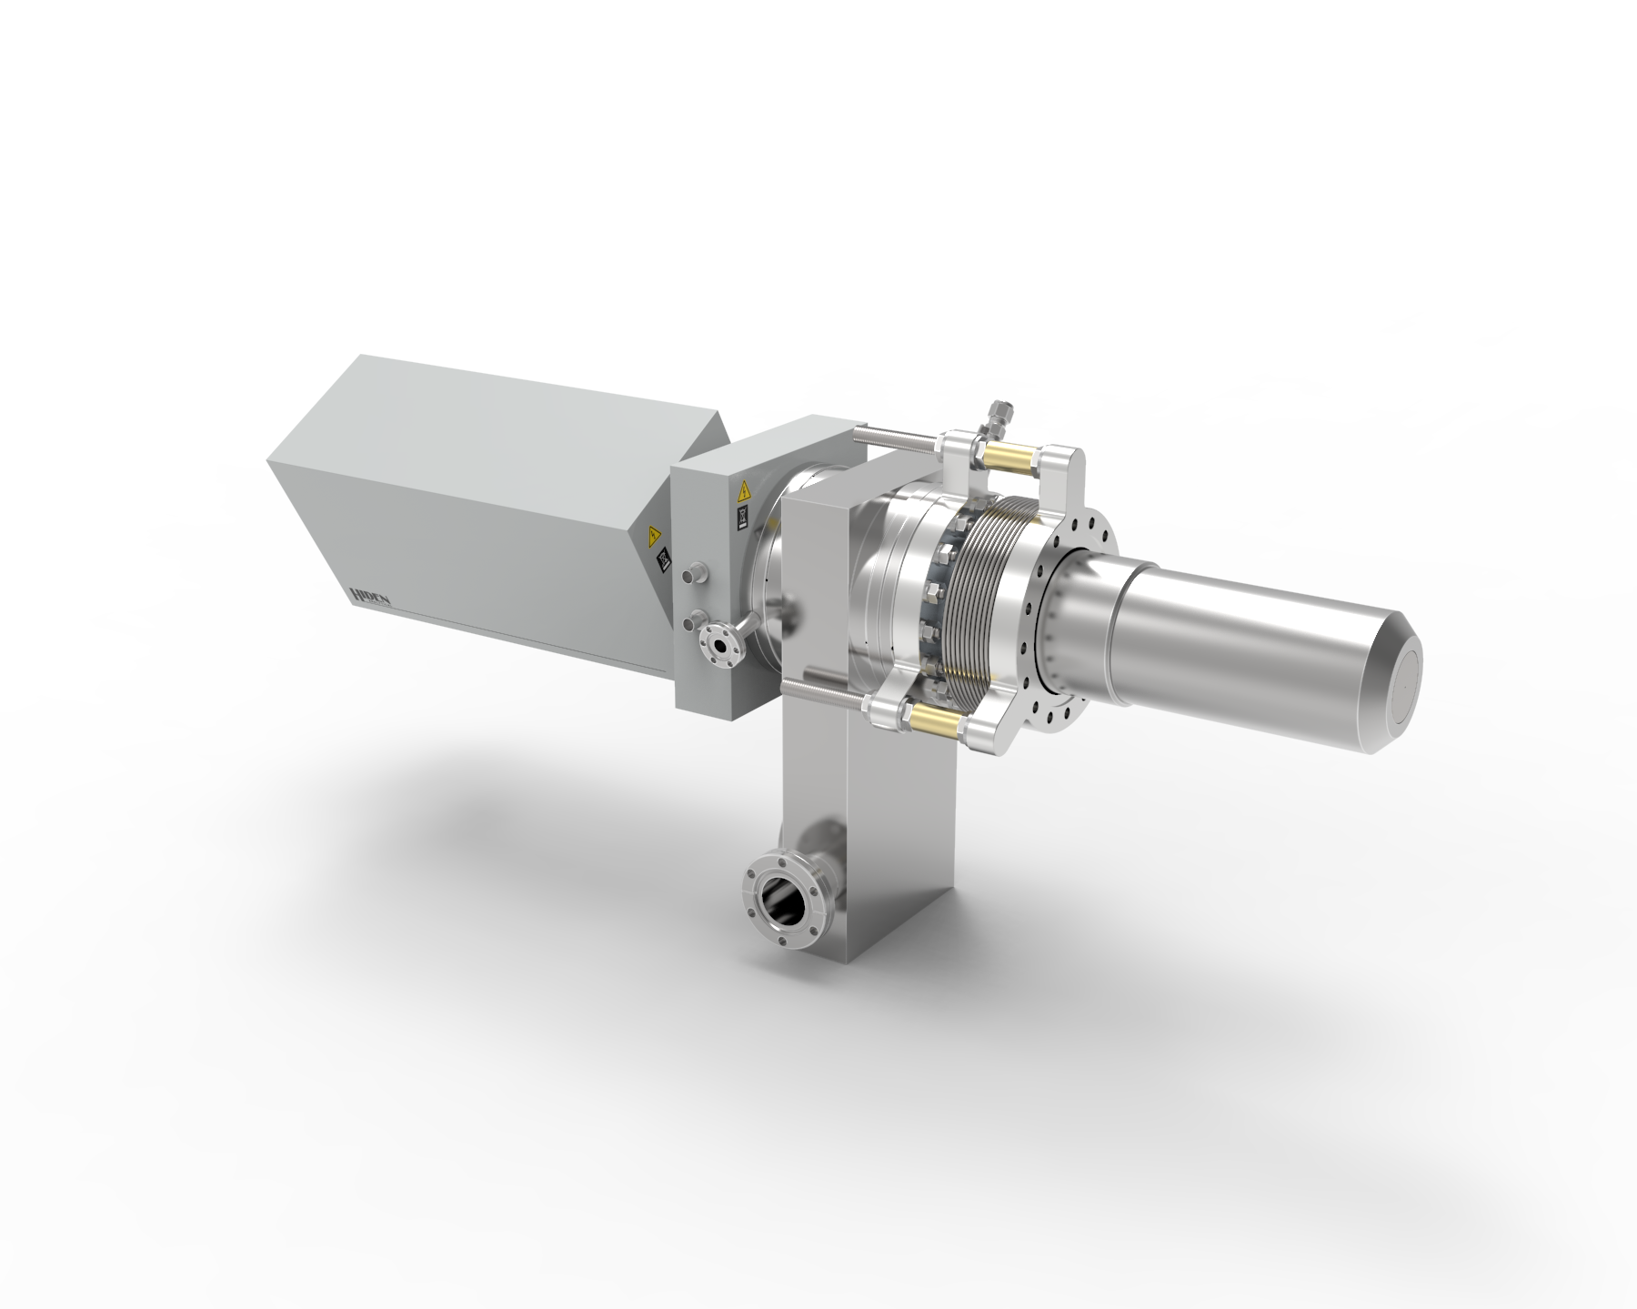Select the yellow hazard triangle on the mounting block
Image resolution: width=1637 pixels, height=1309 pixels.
tap(744, 495)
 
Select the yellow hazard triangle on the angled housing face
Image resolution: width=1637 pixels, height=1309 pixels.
tap(652, 535)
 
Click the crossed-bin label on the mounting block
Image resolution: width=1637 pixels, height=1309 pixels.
tap(741, 519)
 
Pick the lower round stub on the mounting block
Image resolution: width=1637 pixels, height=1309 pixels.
tap(694, 619)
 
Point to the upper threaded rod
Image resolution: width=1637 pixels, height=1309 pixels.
tap(900, 443)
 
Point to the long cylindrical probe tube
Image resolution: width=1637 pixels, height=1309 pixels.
tap(1255, 628)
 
